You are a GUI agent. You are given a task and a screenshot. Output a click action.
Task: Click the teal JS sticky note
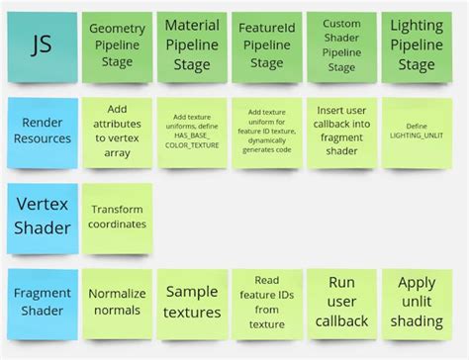pos(41,45)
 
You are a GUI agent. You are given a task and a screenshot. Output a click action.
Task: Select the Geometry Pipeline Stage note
pos(118,46)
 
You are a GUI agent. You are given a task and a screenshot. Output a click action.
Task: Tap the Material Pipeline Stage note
pos(192,46)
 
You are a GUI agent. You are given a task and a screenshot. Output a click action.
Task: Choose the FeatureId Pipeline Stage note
pos(266,46)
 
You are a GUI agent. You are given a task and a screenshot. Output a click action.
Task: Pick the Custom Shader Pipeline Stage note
pos(341,46)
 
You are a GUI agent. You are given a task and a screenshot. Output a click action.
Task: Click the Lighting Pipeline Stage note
pos(417,46)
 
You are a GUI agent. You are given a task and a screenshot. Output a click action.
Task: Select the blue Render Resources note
pos(41,132)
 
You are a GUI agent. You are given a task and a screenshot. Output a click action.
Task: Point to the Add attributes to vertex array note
pos(118,132)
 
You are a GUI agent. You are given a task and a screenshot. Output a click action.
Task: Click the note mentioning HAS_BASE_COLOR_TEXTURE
pos(192,132)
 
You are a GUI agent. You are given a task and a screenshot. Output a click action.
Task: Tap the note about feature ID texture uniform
pos(266,132)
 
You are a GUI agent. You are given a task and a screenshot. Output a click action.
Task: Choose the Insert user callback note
pos(341,132)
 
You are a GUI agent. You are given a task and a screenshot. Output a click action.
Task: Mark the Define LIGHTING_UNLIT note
pos(417,132)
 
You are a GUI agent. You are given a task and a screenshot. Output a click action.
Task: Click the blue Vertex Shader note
pos(41,216)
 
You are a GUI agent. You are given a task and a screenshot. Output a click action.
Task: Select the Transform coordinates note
pos(118,217)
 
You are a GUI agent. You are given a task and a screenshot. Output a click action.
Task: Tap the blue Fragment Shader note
pos(41,302)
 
